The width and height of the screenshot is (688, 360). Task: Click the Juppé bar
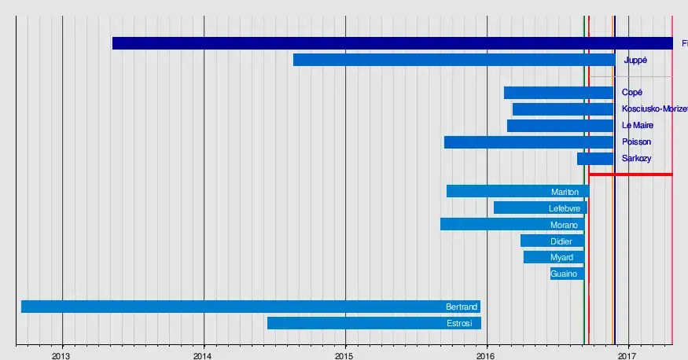(454, 60)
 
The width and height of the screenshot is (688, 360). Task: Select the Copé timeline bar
(558, 93)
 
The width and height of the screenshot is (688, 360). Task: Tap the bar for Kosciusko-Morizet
(562, 109)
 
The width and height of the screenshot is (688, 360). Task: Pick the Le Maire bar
(560, 126)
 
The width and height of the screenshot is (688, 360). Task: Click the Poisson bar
(528, 142)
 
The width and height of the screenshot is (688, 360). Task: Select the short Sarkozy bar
(595, 159)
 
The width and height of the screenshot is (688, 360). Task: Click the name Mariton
(565, 192)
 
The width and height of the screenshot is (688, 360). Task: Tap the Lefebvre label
(565, 208)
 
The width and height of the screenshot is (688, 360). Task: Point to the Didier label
(561, 241)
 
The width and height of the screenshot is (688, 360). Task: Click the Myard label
(561, 258)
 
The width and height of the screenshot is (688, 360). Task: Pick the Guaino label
(564, 274)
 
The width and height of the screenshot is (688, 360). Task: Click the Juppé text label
(635, 60)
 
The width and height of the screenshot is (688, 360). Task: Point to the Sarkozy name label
(636, 159)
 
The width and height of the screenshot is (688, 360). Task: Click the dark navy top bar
(393, 43)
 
